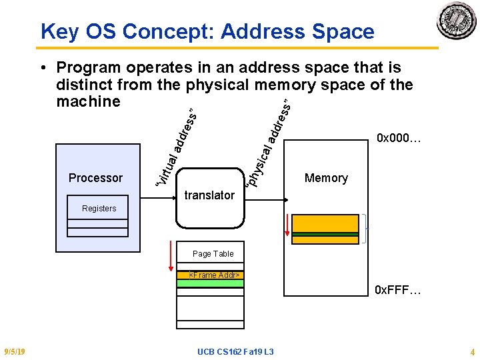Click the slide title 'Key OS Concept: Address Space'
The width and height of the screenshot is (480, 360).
click(x=207, y=31)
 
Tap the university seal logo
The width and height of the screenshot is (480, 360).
click(x=456, y=21)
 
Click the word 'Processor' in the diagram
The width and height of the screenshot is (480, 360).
click(x=95, y=178)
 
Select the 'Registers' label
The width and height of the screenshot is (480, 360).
click(x=99, y=209)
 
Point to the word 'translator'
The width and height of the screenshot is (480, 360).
click(x=209, y=195)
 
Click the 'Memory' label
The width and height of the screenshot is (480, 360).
click(x=326, y=178)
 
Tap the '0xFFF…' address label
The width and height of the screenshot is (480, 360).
click(x=397, y=291)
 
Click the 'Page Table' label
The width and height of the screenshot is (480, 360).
click(x=213, y=254)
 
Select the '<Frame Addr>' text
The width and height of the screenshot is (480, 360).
click(x=214, y=275)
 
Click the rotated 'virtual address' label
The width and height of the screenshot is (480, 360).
click(x=175, y=147)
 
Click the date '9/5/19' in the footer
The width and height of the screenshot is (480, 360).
click(x=14, y=352)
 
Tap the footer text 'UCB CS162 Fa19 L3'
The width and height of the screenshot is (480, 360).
click(x=235, y=352)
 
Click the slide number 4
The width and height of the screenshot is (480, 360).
click(x=472, y=352)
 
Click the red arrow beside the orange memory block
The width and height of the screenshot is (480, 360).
click(x=287, y=225)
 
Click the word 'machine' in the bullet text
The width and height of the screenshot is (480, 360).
click(x=89, y=101)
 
